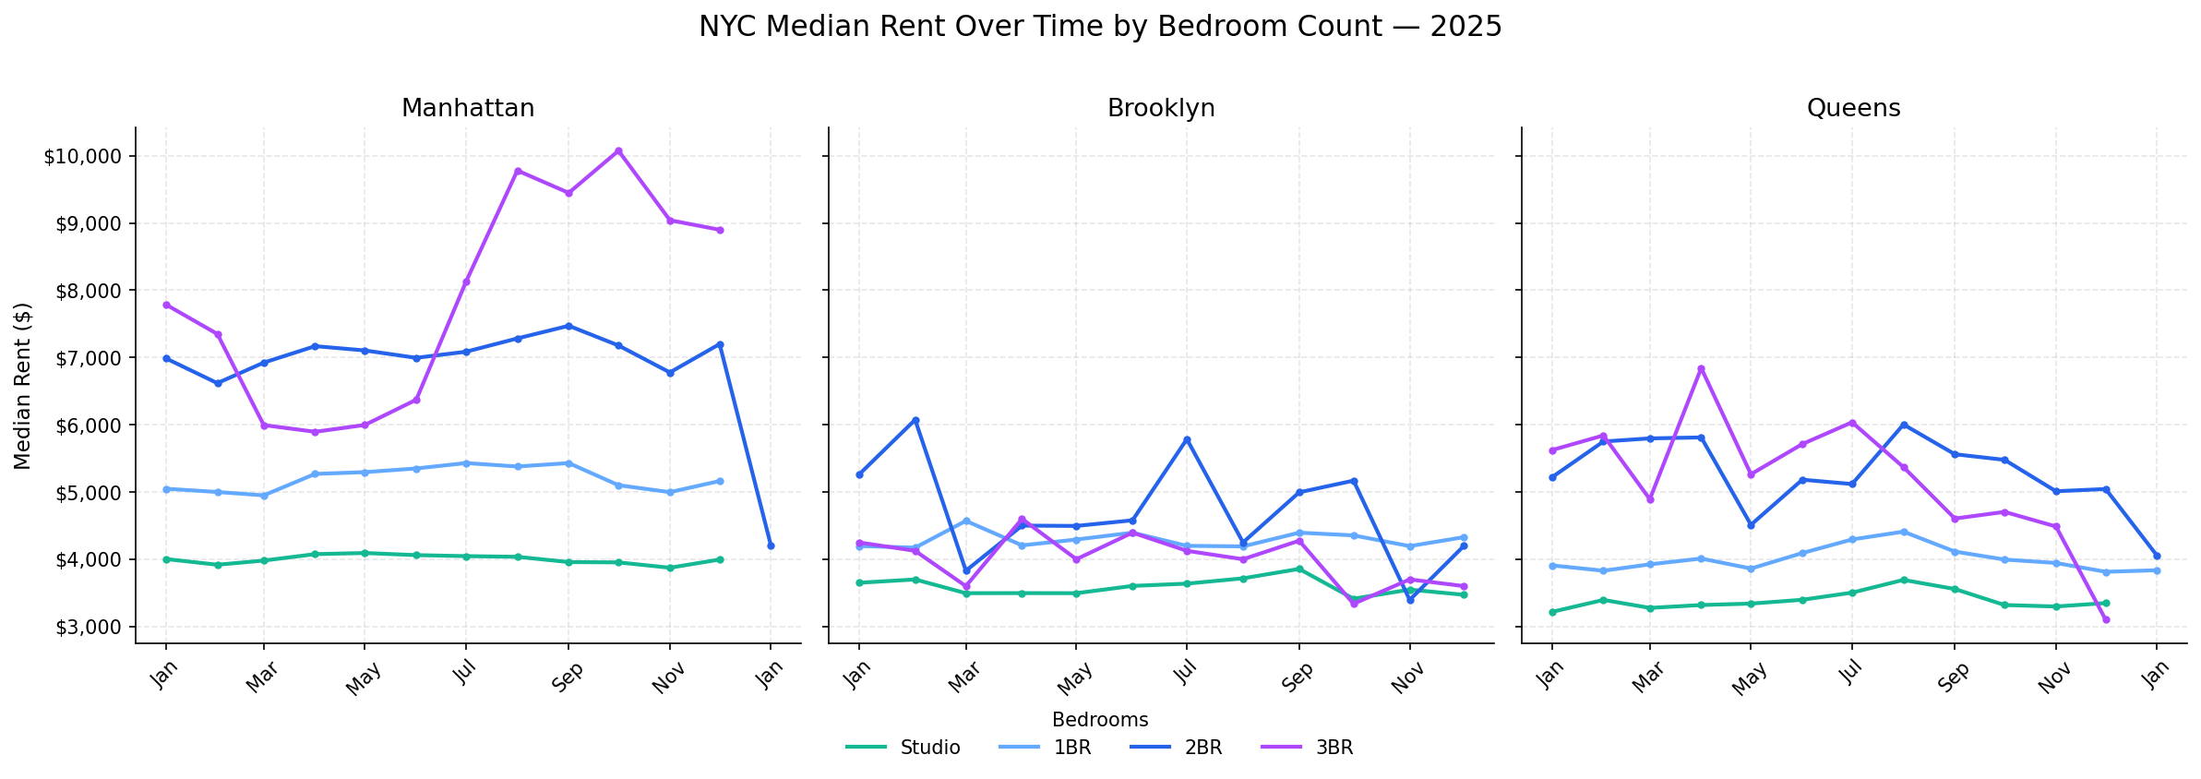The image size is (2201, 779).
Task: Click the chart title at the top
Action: point(1100,27)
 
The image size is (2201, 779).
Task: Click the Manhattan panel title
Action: point(468,109)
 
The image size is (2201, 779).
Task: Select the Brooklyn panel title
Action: point(1161,109)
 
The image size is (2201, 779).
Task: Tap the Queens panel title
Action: point(1853,109)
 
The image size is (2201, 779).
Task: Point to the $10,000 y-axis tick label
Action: point(83,157)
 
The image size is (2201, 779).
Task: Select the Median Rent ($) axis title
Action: point(23,386)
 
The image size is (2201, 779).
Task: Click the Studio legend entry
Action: point(903,748)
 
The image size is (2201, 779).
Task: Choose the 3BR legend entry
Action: point(1307,748)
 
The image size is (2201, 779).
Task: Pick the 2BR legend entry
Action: point(1176,748)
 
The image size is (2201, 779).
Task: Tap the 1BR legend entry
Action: point(1046,748)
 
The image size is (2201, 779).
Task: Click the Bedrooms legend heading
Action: point(1100,720)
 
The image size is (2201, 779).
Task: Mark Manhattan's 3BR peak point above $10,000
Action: point(618,150)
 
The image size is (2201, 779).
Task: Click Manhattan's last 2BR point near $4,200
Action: point(771,545)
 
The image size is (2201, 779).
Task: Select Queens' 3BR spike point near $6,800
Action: point(1701,368)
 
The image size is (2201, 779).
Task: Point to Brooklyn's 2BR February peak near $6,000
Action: point(915,420)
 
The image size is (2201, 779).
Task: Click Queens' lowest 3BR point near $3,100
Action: point(2106,619)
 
